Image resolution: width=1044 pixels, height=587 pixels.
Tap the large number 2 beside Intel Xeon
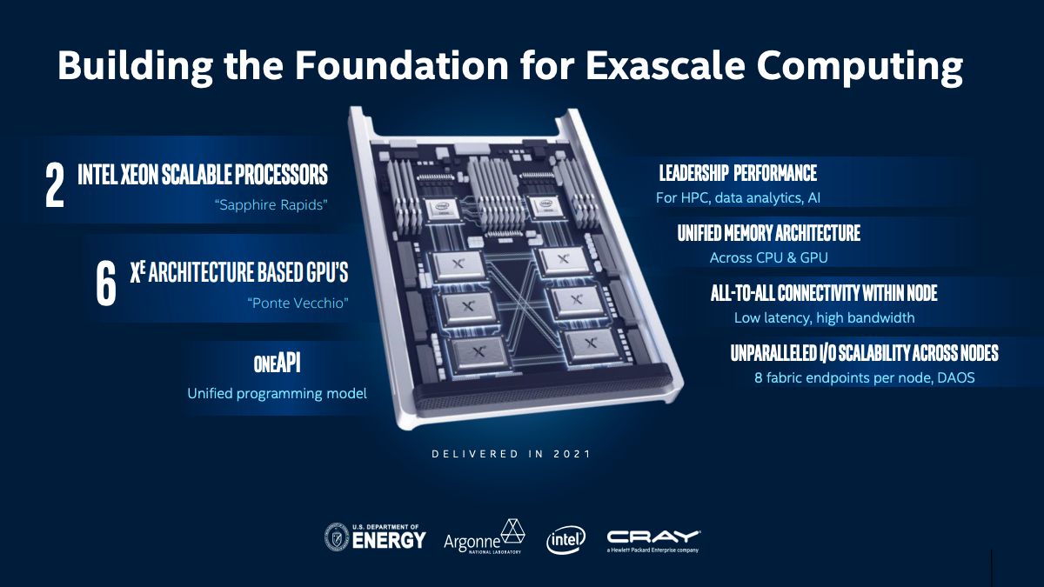tap(55, 183)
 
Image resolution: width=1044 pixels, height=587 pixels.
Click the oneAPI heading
tap(277, 364)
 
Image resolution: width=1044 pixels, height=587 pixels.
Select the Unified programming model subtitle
tap(277, 394)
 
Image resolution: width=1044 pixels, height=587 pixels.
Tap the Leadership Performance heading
tap(738, 173)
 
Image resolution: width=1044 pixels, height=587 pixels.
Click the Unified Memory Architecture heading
tap(768, 233)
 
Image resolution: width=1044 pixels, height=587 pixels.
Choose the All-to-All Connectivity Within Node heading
tap(824, 293)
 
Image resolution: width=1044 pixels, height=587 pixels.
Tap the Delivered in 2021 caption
tap(511, 453)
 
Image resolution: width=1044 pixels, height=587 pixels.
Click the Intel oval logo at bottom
tap(565, 539)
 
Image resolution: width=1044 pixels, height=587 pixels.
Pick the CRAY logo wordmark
tap(653, 537)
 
